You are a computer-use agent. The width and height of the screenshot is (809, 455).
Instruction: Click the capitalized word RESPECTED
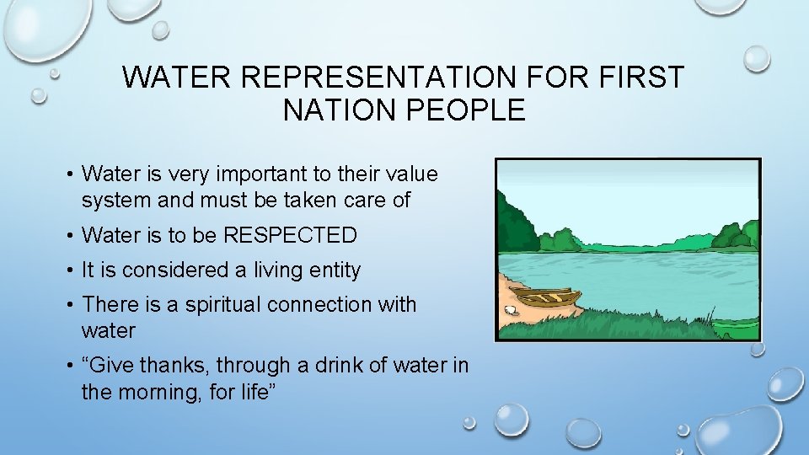coord(290,235)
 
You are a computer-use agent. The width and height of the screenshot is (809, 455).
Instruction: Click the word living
coord(276,270)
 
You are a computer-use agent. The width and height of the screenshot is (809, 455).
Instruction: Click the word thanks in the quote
coord(175,366)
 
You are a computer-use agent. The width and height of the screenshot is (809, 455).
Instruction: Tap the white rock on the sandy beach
coord(509,310)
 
